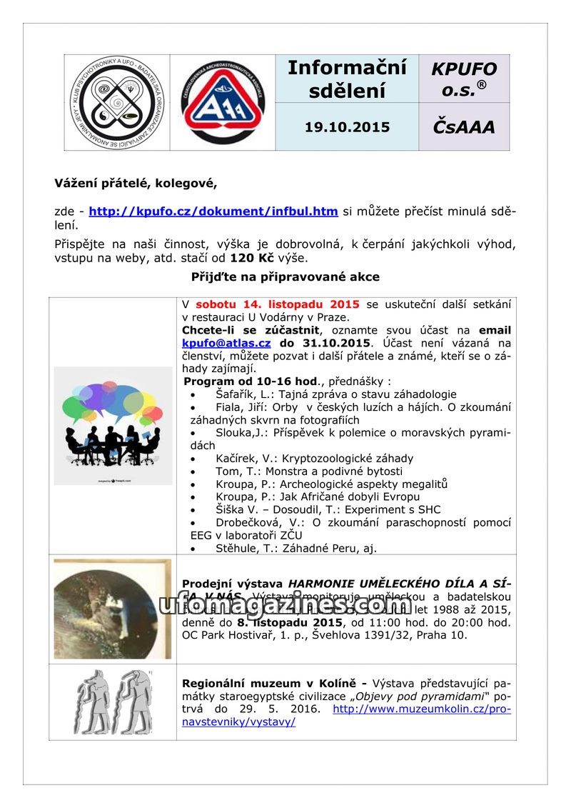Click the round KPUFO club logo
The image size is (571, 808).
pyautogui.click(x=116, y=103)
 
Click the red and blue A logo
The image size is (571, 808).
pyautogui.click(x=223, y=103)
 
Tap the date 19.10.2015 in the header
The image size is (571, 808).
pyautogui.click(x=347, y=127)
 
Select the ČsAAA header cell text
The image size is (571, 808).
pyautogui.click(x=464, y=127)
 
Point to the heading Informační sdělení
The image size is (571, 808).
pyautogui.click(x=347, y=79)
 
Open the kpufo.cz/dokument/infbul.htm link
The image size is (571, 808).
pyautogui.click(x=213, y=211)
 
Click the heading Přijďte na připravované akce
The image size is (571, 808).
pyautogui.click(x=285, y=276)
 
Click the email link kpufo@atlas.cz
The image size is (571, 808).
pyautogui.click(x=226, y=343)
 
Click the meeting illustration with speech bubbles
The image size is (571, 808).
pyautogui.click(x=113, y=426)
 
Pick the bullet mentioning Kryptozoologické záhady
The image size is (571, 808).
pyautogui.click(x=314, y=459)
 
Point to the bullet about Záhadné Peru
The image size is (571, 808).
pyautogui.click(x=295, y=549)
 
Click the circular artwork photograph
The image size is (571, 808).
pyautogui.click(x=113, y=609)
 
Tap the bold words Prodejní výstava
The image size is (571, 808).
pyautogui.click(x=233, y=583)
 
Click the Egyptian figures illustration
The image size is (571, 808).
pyautogui.click(x=113, y=702)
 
